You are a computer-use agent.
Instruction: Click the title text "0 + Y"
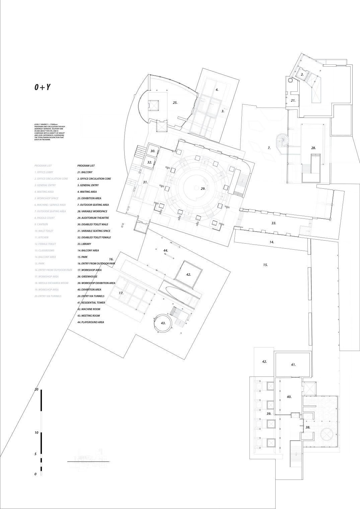tap(43, 87)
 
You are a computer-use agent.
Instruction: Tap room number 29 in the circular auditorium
tap(203, 189)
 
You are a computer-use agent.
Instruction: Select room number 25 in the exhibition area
tap(175, 103)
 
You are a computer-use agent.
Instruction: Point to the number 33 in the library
tap(274, 223)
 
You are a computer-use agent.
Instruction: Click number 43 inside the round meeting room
tap(163, 323)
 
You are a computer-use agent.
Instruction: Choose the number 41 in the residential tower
tap(293, 365)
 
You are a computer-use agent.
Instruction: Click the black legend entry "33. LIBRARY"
tap(84, 244)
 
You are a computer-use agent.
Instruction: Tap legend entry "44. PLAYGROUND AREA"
tap(90, 322)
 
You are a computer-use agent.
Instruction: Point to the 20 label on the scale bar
tap(37, 389)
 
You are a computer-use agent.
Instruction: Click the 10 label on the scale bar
tap(37, 433)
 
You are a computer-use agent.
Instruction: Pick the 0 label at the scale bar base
tap(35, 474)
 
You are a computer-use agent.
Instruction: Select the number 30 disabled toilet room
tap(153, 151)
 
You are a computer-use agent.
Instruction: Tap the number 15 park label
tap(265, 265)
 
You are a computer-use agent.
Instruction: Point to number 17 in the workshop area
tap(121, 293)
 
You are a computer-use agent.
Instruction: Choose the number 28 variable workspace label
tap(313, 148)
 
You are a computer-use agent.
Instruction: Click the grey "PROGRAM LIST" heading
tap(43, 166)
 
